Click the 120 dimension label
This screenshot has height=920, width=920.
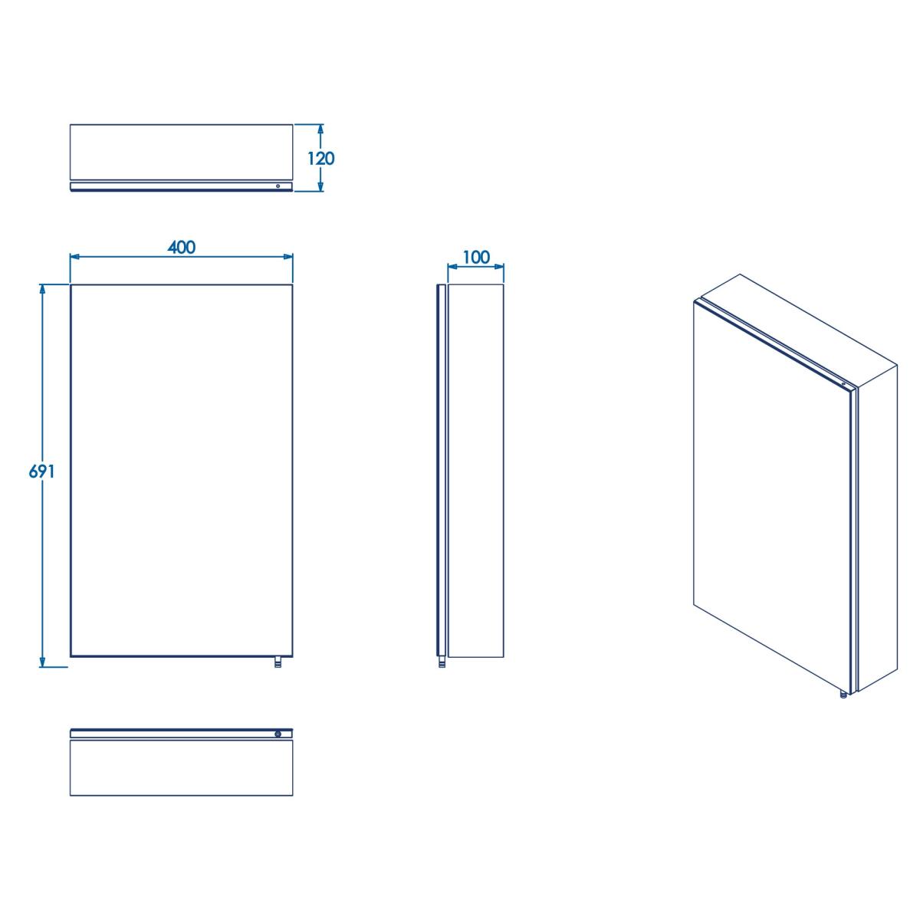click(320, 159)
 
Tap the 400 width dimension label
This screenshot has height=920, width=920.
click(182, 248)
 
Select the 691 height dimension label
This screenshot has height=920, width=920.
click(42, 472)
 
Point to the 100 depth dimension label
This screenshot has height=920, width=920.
click(476, 258)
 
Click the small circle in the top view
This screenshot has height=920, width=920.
click(278, 186)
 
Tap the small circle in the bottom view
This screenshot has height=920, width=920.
click(278, 734)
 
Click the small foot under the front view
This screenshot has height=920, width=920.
click(278, 662)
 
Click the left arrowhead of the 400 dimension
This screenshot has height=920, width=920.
click(75, 257)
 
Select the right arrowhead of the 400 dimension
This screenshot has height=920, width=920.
click(287, 257)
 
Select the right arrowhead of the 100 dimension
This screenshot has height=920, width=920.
click(498, 267)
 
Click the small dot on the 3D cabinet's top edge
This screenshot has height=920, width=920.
click(843, 384)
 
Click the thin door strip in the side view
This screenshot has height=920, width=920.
click(441, 471)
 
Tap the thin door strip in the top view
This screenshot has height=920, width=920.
click(182, 186)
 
